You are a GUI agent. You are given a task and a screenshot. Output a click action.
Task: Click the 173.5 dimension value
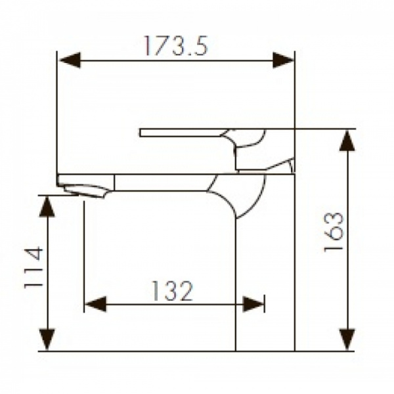175,45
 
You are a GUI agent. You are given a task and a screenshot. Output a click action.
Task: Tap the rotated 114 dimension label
33,267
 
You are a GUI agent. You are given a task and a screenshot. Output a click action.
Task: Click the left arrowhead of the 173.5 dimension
70,61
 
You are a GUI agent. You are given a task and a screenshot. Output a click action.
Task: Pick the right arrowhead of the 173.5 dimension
284,61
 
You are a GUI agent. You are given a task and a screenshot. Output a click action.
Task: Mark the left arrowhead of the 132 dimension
95,304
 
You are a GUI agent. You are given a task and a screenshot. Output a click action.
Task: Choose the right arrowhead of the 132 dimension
253,304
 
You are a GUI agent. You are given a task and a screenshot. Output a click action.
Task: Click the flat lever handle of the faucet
184,133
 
